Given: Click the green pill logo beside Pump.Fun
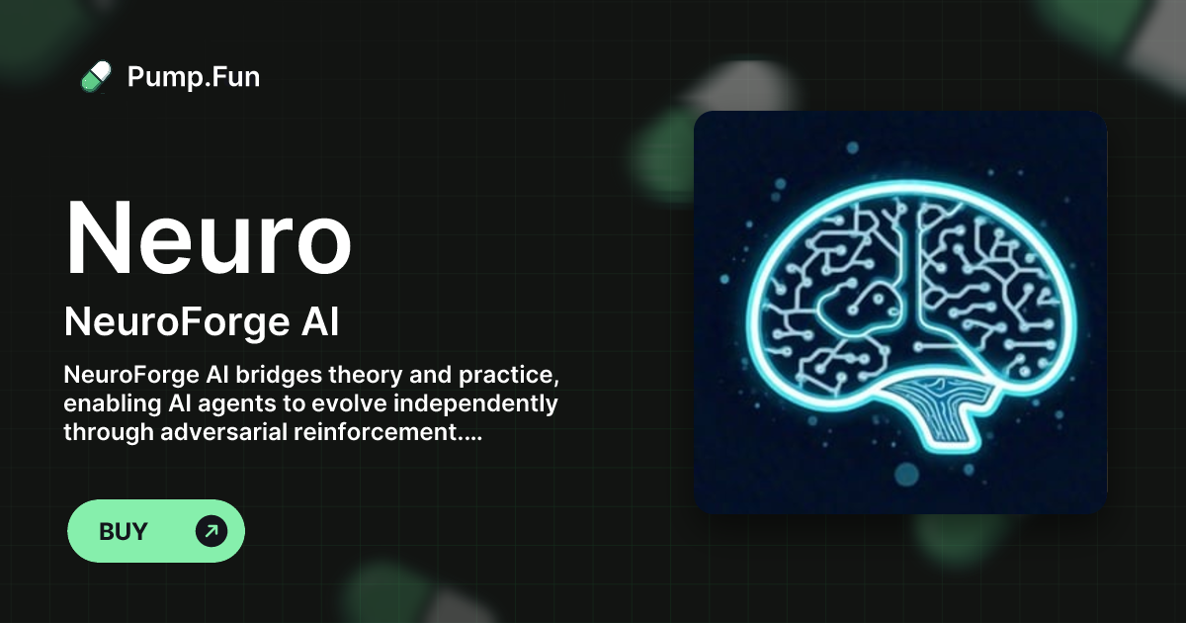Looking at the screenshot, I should point(95,76).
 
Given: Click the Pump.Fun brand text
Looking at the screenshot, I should point(194,76).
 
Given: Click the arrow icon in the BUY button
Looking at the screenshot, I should point(211,531).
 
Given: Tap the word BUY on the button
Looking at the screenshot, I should point(124,531).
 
